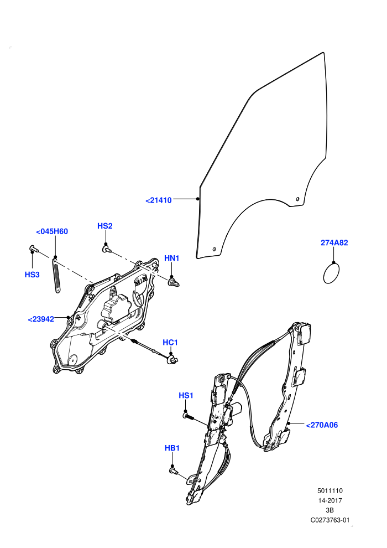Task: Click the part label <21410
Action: click(x=159, y=200)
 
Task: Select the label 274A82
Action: click(x=334, y=242)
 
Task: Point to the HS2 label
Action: click(x=104, y=226)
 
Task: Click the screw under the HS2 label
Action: click(x=106, y=249)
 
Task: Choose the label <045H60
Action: click(x=52, y=231)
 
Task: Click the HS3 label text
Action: click(x=32, y=275)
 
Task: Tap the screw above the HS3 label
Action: click(x=33, y=249)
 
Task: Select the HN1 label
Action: click(x=172, y=259)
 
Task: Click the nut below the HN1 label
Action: click(x=174, y=282)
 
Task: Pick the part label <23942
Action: click(x=41, y=319)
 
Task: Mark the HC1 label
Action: click(x=170, y=343)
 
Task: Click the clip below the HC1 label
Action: click(x=172, y=360)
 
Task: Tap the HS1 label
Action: click(x=186, y=396)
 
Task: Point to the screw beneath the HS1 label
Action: click(x=189, y=417)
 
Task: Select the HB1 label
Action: click(x=172, y=448)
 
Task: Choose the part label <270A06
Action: click(x=322, y=425)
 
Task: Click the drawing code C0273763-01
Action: click(x=330, y=520)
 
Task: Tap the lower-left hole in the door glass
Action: click(x=215, y=249)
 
